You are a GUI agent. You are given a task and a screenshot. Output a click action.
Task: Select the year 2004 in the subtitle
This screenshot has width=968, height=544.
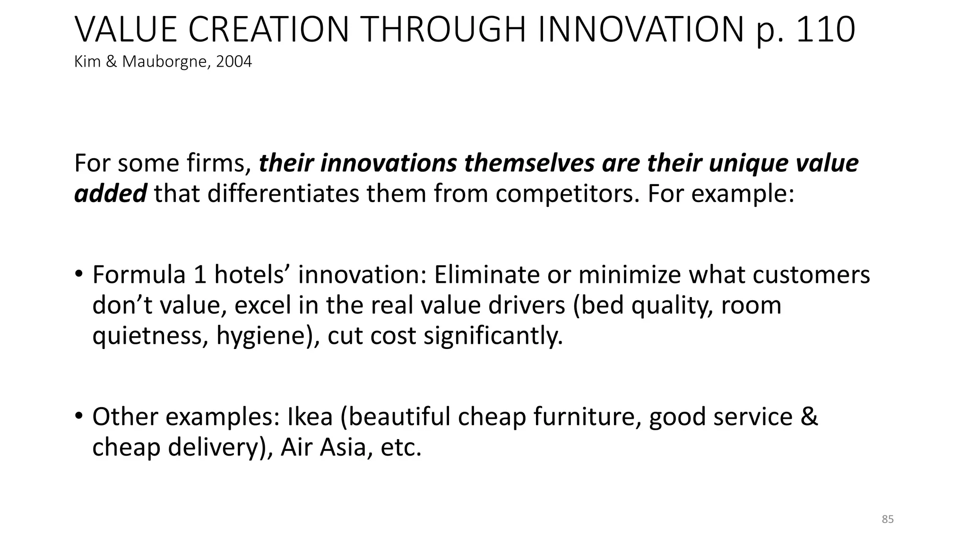[x=234, y=62]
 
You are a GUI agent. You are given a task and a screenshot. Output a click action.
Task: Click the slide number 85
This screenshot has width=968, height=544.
[x=888, y=519]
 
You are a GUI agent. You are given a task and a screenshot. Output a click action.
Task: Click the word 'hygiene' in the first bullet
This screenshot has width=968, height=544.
[x=262, y=336]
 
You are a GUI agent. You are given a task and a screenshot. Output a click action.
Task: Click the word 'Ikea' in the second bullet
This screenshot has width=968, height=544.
[x=310, y=416]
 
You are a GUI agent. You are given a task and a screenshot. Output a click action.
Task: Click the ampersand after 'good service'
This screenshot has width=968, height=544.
[x=809, y=416]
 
